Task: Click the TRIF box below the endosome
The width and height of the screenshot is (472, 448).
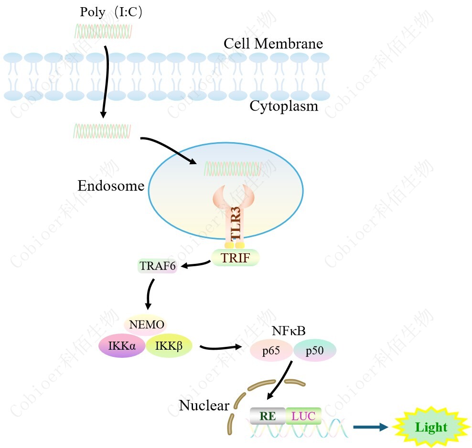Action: pyautogui.click(x=235, y=258)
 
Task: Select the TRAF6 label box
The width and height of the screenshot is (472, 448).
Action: pyautogui.click(x=158, y=266)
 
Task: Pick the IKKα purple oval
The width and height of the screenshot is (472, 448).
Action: pyautogui.click(x=122, y=345)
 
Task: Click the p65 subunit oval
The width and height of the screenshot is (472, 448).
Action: pyautogui.click(x=271, y=351)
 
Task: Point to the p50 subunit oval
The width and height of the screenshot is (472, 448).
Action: pyautogui.click(x=315, y=351)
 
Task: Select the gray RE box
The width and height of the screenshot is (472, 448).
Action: pyautogui.click(x=268, y=416)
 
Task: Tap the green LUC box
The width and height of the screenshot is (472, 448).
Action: pyautogui.click(x=303, y=416)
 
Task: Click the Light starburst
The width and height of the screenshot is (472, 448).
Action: pyautogui.click(x=431, y=427)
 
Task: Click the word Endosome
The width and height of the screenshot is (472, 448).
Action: pyautogui.click(x=111, y=186)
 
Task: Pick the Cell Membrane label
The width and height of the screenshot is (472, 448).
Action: pyautogui.click(x=273, y=44)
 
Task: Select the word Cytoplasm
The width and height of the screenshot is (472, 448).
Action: pyautogui.click(x=284, y=106)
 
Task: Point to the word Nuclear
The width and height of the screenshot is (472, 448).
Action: pyautogui.click(x=204, y=406)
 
